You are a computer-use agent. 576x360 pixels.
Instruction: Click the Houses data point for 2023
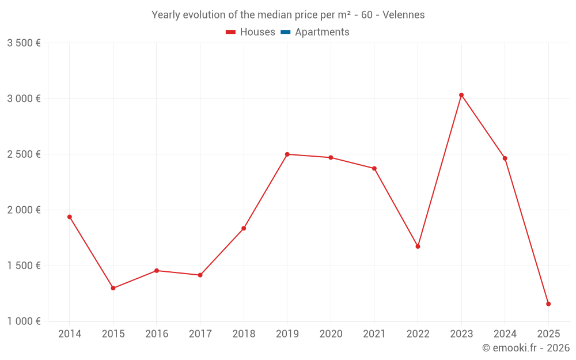click(461, 95)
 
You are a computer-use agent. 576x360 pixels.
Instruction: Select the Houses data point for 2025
click(548, 304)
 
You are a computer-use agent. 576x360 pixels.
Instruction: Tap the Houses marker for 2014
click(70, 217)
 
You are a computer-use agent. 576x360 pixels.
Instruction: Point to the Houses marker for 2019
click(287, 154)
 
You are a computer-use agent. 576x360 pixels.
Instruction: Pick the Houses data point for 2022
click(418, 247)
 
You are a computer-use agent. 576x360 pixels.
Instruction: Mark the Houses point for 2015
click(113, 288)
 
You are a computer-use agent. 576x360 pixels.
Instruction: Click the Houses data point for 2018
click(244, 228)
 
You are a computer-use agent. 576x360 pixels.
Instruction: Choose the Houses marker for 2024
click(505, 158)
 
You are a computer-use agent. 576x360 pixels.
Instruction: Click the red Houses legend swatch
click(230, 32)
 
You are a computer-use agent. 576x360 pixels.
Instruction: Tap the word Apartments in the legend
click(322, 32)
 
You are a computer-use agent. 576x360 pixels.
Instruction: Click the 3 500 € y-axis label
click(24, 43)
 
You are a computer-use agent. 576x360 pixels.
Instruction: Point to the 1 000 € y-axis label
click(24, 321)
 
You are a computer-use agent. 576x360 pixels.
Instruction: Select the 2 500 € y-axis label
click(24, 154)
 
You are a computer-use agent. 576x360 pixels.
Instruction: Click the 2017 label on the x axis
click(200, 334)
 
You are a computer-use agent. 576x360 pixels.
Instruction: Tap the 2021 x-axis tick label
click(374, 334)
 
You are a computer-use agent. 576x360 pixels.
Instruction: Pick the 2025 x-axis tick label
click(548, 334)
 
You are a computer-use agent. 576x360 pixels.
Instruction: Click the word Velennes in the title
click(404, 15)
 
